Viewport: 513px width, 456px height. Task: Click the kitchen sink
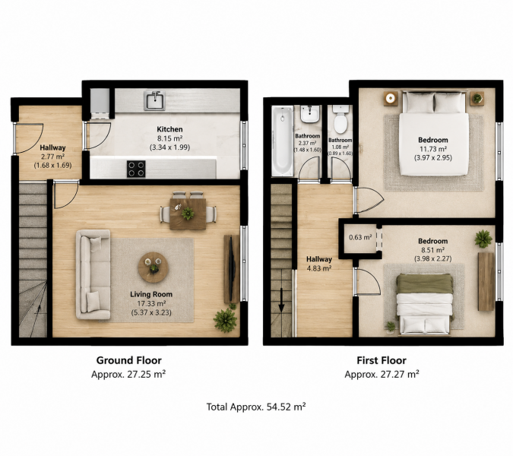point(154,100)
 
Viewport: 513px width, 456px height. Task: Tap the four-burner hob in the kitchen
point(136,169)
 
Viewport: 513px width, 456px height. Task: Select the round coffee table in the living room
point(153,268)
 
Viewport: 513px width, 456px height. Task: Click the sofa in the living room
point(93,274)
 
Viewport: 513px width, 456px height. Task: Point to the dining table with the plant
point(188,214)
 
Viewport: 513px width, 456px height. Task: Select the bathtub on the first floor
point(283,141)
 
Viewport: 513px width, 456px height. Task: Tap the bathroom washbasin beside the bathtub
point(309,114)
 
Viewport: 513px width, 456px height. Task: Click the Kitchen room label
point(169,129)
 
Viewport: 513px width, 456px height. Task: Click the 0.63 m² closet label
point(360,237)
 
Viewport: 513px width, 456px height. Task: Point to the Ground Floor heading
point(128,360)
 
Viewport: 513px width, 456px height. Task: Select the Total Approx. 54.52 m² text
point(256,407)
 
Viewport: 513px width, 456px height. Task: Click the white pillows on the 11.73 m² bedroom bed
point(434,103)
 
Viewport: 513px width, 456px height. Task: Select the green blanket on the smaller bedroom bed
point(425,284)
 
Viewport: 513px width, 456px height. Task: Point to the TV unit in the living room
point(232,269)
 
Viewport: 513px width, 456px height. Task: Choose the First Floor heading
point(382,360)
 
